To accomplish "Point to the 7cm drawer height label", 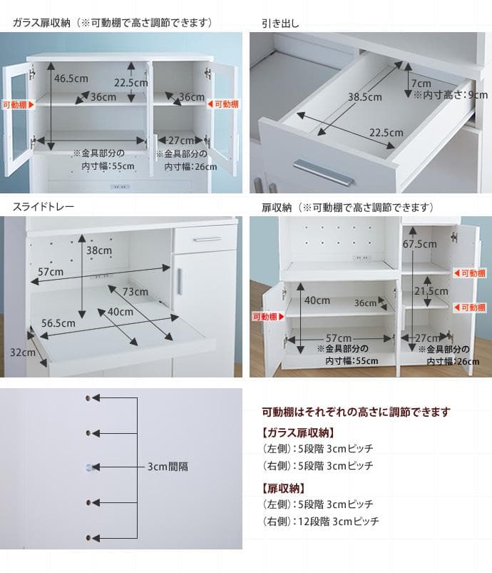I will point(421,83).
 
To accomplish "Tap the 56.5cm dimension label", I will point(58,323).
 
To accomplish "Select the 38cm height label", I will point(99,251).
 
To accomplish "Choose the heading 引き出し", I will point(280,24).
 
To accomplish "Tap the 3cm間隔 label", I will point(168,467).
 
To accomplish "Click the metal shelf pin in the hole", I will point(89,467).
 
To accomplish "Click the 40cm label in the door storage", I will point(317,300).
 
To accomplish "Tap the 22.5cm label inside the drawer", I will point(386,133).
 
